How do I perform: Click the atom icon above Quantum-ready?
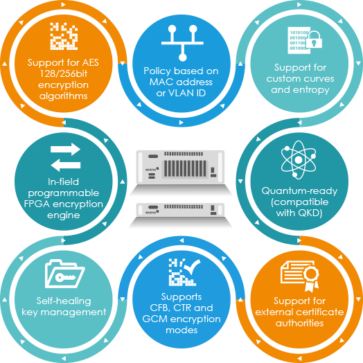click(299, 160)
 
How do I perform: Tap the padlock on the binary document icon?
click(314, 39)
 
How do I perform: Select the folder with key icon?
click(64, 274)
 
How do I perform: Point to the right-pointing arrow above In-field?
click(66, 149)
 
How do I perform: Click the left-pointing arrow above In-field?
click(66, 165)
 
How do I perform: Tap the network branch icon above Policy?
click(182, 43)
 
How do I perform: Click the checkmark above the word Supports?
click(192, 267)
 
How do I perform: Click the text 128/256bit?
click(64, 73)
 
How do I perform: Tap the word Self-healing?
click(64, 301)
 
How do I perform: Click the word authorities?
click(299, 324)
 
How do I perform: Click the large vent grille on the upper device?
click(185, 168)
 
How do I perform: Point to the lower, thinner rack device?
click(180, 209)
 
